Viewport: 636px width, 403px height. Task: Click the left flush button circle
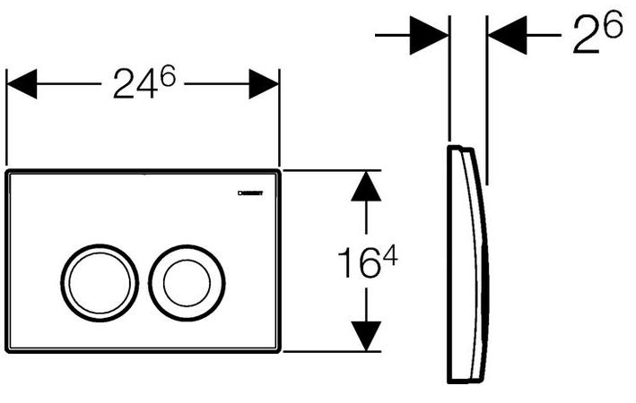click(x=100, y=281)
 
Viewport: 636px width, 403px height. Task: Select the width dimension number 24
click(x=133, y=87)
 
